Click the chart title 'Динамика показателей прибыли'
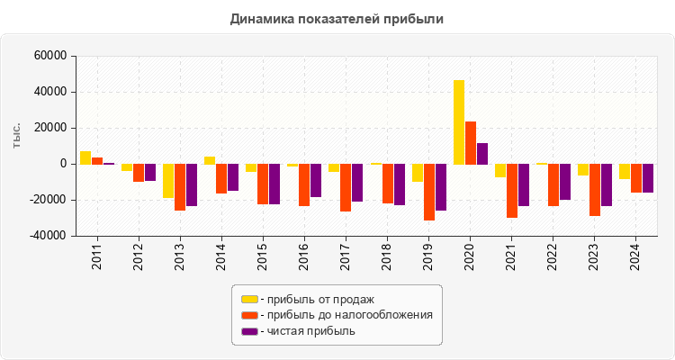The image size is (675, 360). click(x=337, y=18)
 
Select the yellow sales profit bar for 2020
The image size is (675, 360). click(x=459, y=122)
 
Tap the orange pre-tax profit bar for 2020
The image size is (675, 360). click(x=471, y=142)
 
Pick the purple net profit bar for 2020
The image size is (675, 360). click(x=482, y=153)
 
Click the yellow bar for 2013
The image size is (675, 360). click(x=168, y=180)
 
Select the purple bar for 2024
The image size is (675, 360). click(x=648, y=178)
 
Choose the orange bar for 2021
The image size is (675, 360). click(x=512, y=191)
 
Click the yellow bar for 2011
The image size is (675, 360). click(x=85, y=157)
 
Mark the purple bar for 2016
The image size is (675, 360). click(x=316, y=180)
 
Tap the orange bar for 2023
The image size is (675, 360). click(x=595, y=190)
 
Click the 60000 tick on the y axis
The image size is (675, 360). click(x=50, y=56)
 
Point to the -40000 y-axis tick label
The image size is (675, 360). click(x=49, y=236)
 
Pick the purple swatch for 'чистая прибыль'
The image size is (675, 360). click(x=249, y=331)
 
